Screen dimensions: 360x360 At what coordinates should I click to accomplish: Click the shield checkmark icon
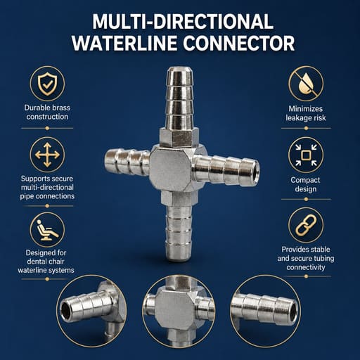pyautogui.click(x=47, y=84)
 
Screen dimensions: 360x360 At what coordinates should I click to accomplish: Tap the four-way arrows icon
pyautogui.click(x=47, y=155)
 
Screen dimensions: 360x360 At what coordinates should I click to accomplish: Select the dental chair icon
pyautogui.click(x=47, y=231)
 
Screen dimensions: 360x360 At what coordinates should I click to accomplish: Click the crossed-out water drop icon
pyautogui.click(x=306, y=84)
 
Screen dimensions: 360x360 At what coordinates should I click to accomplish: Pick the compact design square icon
pyautogui.click(x=306, y=155)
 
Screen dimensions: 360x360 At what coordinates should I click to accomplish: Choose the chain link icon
pyautogui.click(x=306, y=225)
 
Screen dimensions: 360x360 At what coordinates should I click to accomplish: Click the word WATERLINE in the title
pyautogui.click(x=124, y=44)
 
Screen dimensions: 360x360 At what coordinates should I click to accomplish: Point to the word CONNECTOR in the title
pyautogui.click(x=238, y=44)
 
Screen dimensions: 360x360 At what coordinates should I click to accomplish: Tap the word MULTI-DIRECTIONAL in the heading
pyautogui.click(x=183, y=22)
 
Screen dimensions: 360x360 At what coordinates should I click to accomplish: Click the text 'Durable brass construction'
pyautogui.click(x=47, y=112)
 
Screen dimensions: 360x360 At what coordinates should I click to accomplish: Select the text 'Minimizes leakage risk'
pyautogui.click(x=306, y=113)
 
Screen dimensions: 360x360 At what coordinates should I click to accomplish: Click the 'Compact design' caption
pyautogui.click(x=305, y=184)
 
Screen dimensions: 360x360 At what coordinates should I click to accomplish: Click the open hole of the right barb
pyautogui.click(x=256, y=167)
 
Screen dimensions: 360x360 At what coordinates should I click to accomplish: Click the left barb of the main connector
pyautogui.click(x=127, y=162)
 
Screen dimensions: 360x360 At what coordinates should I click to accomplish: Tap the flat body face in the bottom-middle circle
pyautogui.click(x=174, y=310)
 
